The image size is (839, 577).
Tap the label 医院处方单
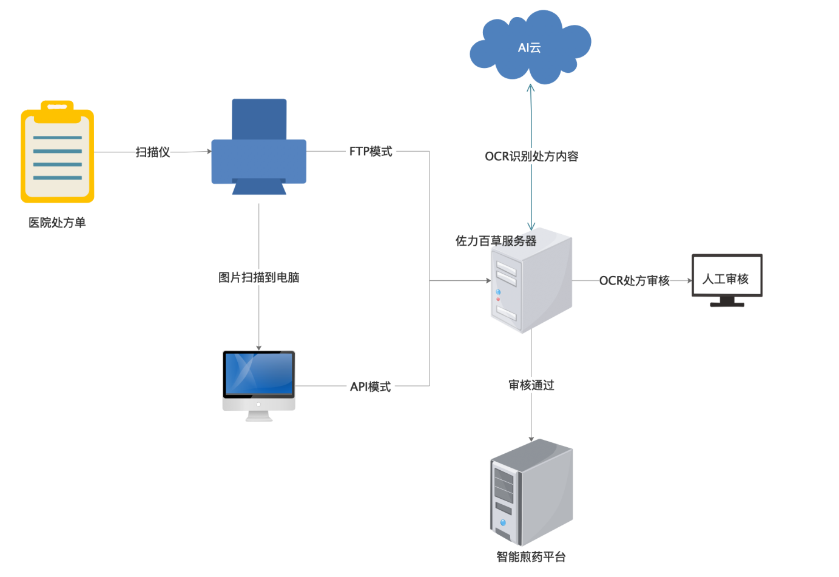[57, 223]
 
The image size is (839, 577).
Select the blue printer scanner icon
[259, 147]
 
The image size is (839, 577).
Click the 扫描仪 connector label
[153, 152]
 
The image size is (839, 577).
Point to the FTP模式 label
[371, 152]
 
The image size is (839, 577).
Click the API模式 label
[371, 386]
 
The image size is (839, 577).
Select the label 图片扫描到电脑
[259, 277]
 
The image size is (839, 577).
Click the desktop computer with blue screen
[259, 383]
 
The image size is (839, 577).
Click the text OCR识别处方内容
[531, 157]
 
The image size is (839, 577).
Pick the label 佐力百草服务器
[496, 241]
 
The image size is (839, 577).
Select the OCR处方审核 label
[635, 280]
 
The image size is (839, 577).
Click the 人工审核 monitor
[727, 276]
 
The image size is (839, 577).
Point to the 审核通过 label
[531, 385]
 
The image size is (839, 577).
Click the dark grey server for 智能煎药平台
[531, 493]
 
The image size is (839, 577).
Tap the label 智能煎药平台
[531, 557]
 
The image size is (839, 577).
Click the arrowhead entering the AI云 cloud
[531, 88]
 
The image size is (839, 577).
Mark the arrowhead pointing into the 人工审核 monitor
[689, 280]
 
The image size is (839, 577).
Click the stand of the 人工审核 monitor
[727, 302]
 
